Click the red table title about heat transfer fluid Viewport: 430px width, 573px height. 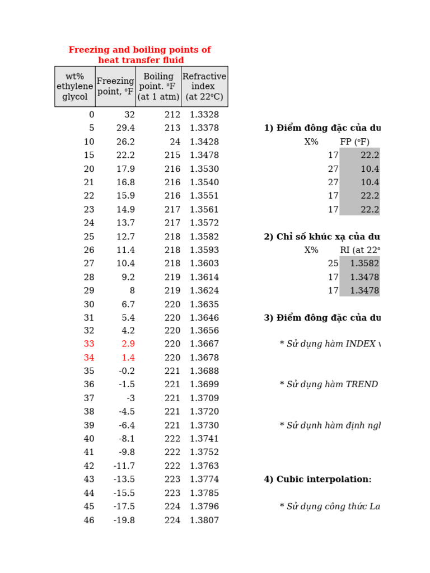(x=140, y=55)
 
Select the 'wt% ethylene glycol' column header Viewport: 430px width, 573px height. (x=75, y=87)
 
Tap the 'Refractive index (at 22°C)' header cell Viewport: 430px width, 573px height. (x=204, y=87)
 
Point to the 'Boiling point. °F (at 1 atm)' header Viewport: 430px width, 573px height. (x=158, y=87)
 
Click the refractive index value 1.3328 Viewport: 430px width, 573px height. (x=204, y=115)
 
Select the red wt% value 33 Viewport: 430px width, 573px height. (x=89, y=344)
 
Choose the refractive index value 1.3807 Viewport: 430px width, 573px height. (x=204, y=520)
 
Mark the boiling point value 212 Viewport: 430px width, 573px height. (x=172, y=115)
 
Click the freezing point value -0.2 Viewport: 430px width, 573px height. (x=127, y=371)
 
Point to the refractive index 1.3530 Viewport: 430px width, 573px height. (x=204, y=169)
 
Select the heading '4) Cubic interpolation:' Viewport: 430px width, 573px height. (x=317, y=480)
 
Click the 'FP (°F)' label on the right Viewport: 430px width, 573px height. (x=354, y=142)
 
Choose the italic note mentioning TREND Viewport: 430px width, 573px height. (x=329, y=384)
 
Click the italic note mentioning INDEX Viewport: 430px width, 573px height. (x=330, y=344)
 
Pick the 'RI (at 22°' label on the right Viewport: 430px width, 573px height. (x=360, y=250)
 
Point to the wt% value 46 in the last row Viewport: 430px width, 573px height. (x=89, y=520)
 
